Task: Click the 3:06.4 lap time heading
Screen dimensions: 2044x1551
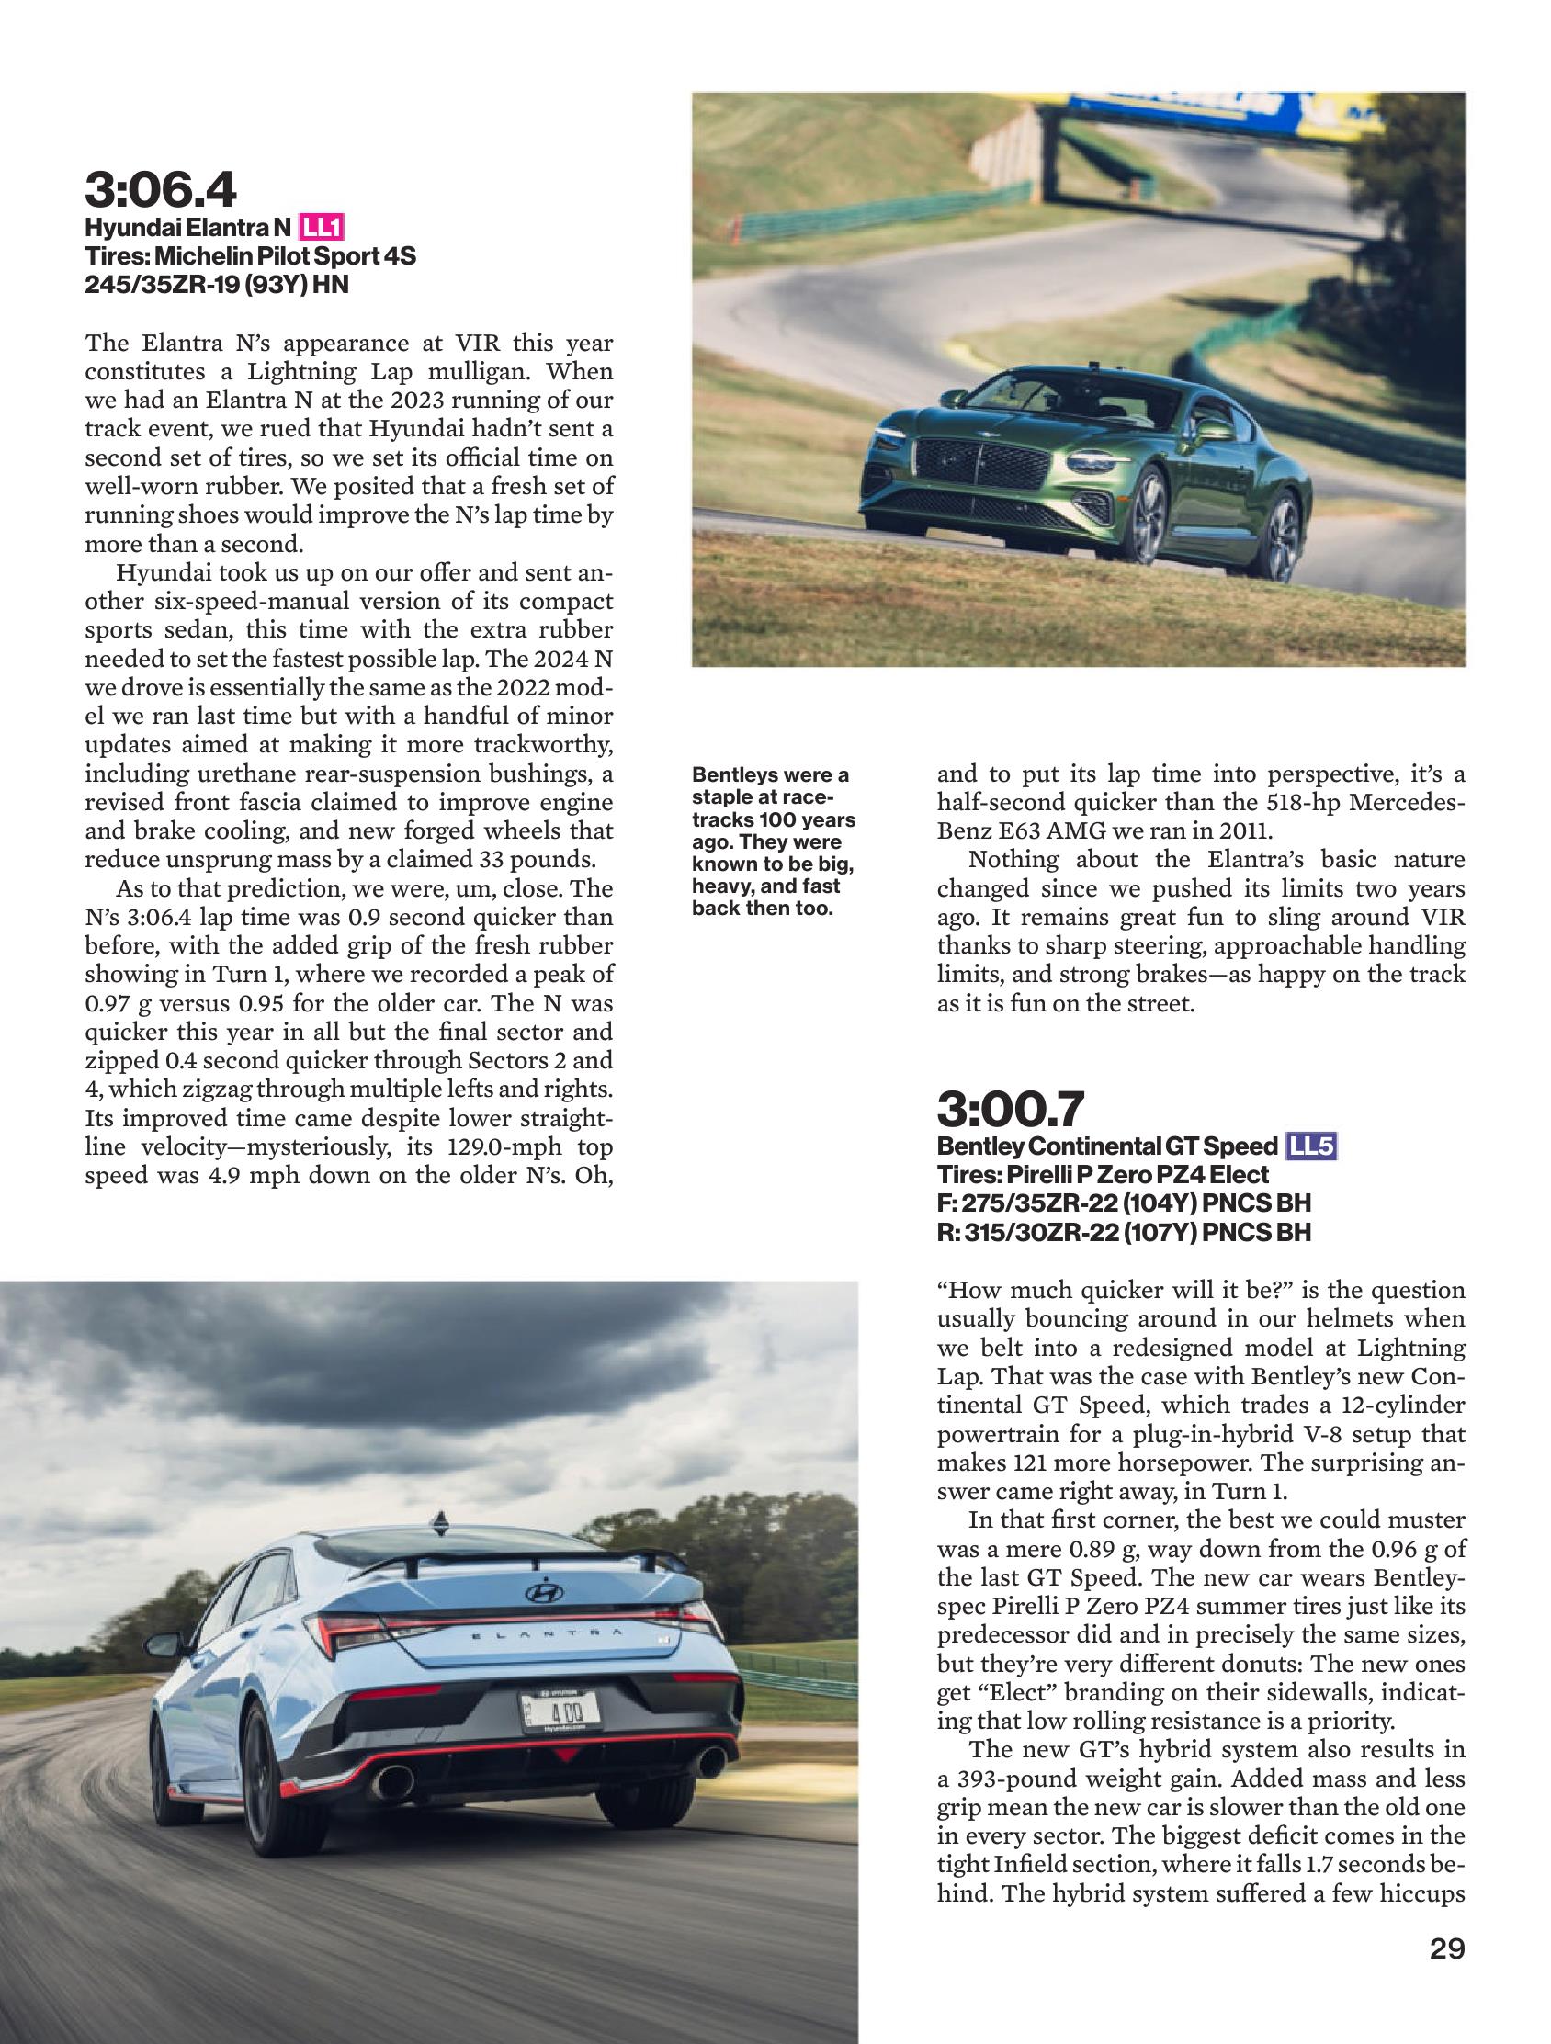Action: coord(161,189)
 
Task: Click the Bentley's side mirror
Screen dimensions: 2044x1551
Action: coord(1215,430)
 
